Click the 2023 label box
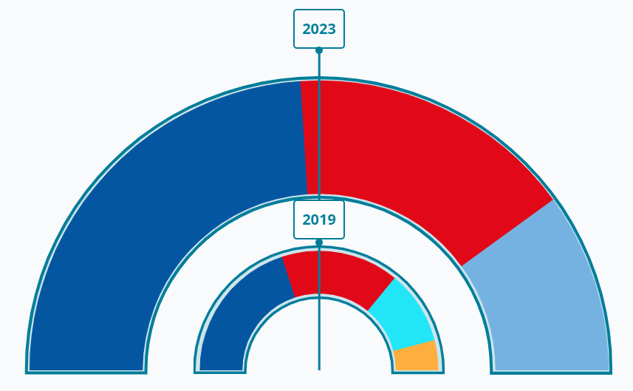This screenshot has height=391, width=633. coord(319,30)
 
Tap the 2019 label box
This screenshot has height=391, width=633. coord(319,220)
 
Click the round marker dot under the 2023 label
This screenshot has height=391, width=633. coord(319,50)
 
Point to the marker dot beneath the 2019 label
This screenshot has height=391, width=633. coord(319,242)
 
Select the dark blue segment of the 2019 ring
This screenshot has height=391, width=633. coord(236,318)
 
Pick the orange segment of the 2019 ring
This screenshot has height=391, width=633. coord(417,356)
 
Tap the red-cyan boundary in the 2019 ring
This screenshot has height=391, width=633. coord(381,293)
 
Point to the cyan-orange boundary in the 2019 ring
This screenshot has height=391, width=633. coord(414,345)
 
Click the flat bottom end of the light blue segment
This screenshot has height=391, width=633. coord(552,370)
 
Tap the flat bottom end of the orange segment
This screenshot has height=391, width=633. coord(417,370)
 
